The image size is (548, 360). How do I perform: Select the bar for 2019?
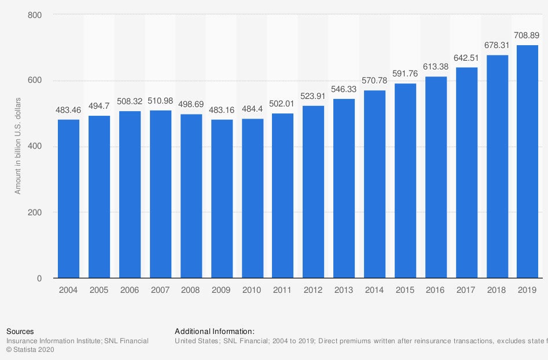pos(528,161)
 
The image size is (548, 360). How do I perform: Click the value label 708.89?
pos(527,36)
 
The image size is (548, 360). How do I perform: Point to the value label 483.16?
pos(222,110)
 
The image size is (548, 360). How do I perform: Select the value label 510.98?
pos(160,101)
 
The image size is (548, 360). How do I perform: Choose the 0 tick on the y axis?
pos(39,278)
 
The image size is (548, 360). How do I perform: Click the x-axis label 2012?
pos(313,290)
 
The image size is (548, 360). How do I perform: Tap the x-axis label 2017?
pos(466,290)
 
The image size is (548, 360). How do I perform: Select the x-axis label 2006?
pos(130,290)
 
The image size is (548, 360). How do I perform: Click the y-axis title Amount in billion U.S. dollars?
pos(18,146)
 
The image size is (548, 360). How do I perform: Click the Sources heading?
pos(20,332)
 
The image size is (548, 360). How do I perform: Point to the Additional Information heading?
pos(214,332)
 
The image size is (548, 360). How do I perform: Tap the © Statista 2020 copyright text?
pos(31,350)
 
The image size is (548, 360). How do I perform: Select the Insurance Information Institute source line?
pos(77,341)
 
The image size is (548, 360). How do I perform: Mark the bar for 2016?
pos(436,177)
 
